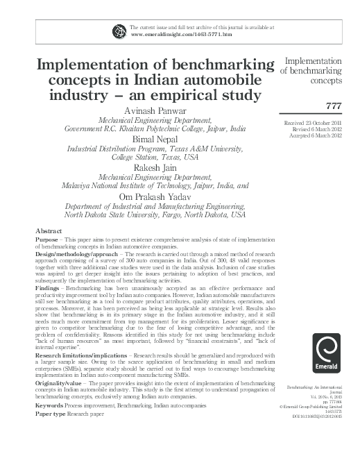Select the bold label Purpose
47,237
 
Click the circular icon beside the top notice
118,30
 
